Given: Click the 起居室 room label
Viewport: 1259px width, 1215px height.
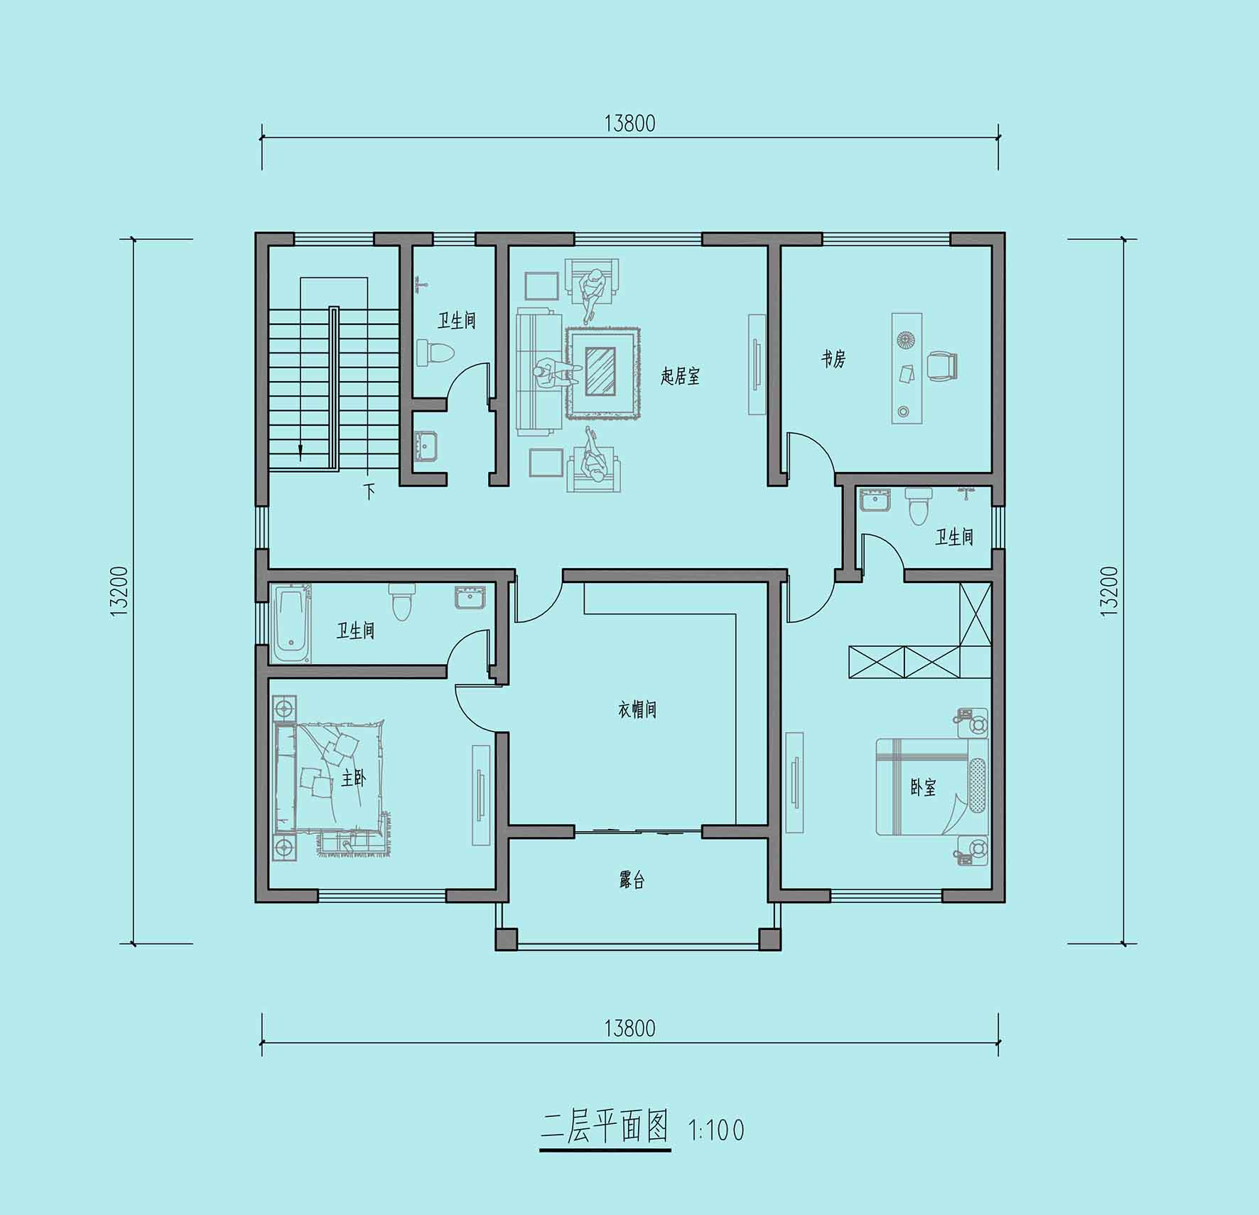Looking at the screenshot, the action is [x=680, y=376].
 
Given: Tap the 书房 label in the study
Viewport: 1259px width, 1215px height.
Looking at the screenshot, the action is [x=833, y=359].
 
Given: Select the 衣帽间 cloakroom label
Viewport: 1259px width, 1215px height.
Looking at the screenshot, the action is [x=637, y=710].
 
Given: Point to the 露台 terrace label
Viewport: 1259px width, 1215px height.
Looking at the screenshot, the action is [x=632, y=881].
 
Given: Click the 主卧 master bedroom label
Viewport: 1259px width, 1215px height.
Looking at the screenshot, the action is [x=353, y=778].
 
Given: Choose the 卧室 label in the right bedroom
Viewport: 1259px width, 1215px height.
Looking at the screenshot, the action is [x=923, y=787].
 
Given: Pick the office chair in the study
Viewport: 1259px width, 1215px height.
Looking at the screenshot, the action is [x=942, y=366].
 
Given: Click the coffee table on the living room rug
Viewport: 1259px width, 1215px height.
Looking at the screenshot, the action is [x=601, y=371].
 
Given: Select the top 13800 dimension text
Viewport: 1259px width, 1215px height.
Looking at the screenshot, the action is [x=629, y=124].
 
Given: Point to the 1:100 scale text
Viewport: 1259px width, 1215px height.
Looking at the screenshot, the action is [x=716, y=1130].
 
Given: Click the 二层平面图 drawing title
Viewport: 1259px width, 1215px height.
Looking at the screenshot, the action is [x=605, y=1127].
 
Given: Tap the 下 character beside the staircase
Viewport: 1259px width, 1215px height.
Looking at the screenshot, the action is [x=369, y=491].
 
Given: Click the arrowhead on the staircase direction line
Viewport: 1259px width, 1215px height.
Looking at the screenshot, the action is [x=301, y=449].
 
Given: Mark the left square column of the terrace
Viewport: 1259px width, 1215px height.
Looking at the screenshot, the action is [x=507, y=939].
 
